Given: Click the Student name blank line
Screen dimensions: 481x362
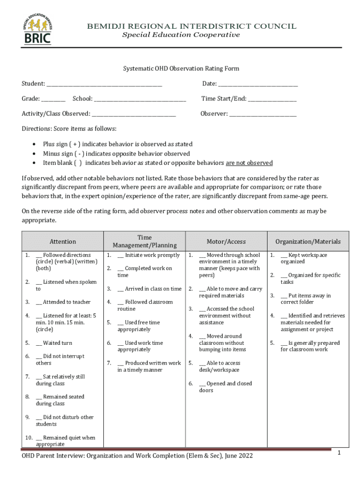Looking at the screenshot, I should click(104, 85).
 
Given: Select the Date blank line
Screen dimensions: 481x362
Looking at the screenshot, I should click(258, 85).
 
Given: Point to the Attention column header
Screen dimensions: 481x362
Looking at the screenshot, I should click(63, 241).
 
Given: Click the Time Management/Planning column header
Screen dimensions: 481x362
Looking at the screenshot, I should click(144, 241).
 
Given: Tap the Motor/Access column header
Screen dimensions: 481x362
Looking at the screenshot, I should click(226, 241).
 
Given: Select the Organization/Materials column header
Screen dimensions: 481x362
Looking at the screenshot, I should click(308, 241).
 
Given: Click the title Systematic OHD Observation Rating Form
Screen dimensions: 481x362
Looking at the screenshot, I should click(181, 69).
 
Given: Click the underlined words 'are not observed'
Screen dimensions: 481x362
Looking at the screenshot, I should click(249, 163).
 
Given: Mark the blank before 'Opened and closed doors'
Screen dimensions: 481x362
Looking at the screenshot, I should click(202, 384).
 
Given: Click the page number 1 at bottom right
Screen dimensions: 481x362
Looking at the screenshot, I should click(338, 452).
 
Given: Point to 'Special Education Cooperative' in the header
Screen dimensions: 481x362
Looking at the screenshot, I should click(181, 35).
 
